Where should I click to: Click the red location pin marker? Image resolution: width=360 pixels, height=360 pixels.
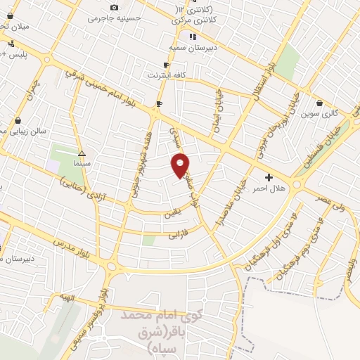coord(181,165)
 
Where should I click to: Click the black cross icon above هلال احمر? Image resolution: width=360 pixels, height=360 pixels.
coord(269,177)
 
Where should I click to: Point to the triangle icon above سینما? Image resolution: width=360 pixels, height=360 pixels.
coord(82,153)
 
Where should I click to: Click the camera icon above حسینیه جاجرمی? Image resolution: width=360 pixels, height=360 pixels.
coord(115,7)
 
